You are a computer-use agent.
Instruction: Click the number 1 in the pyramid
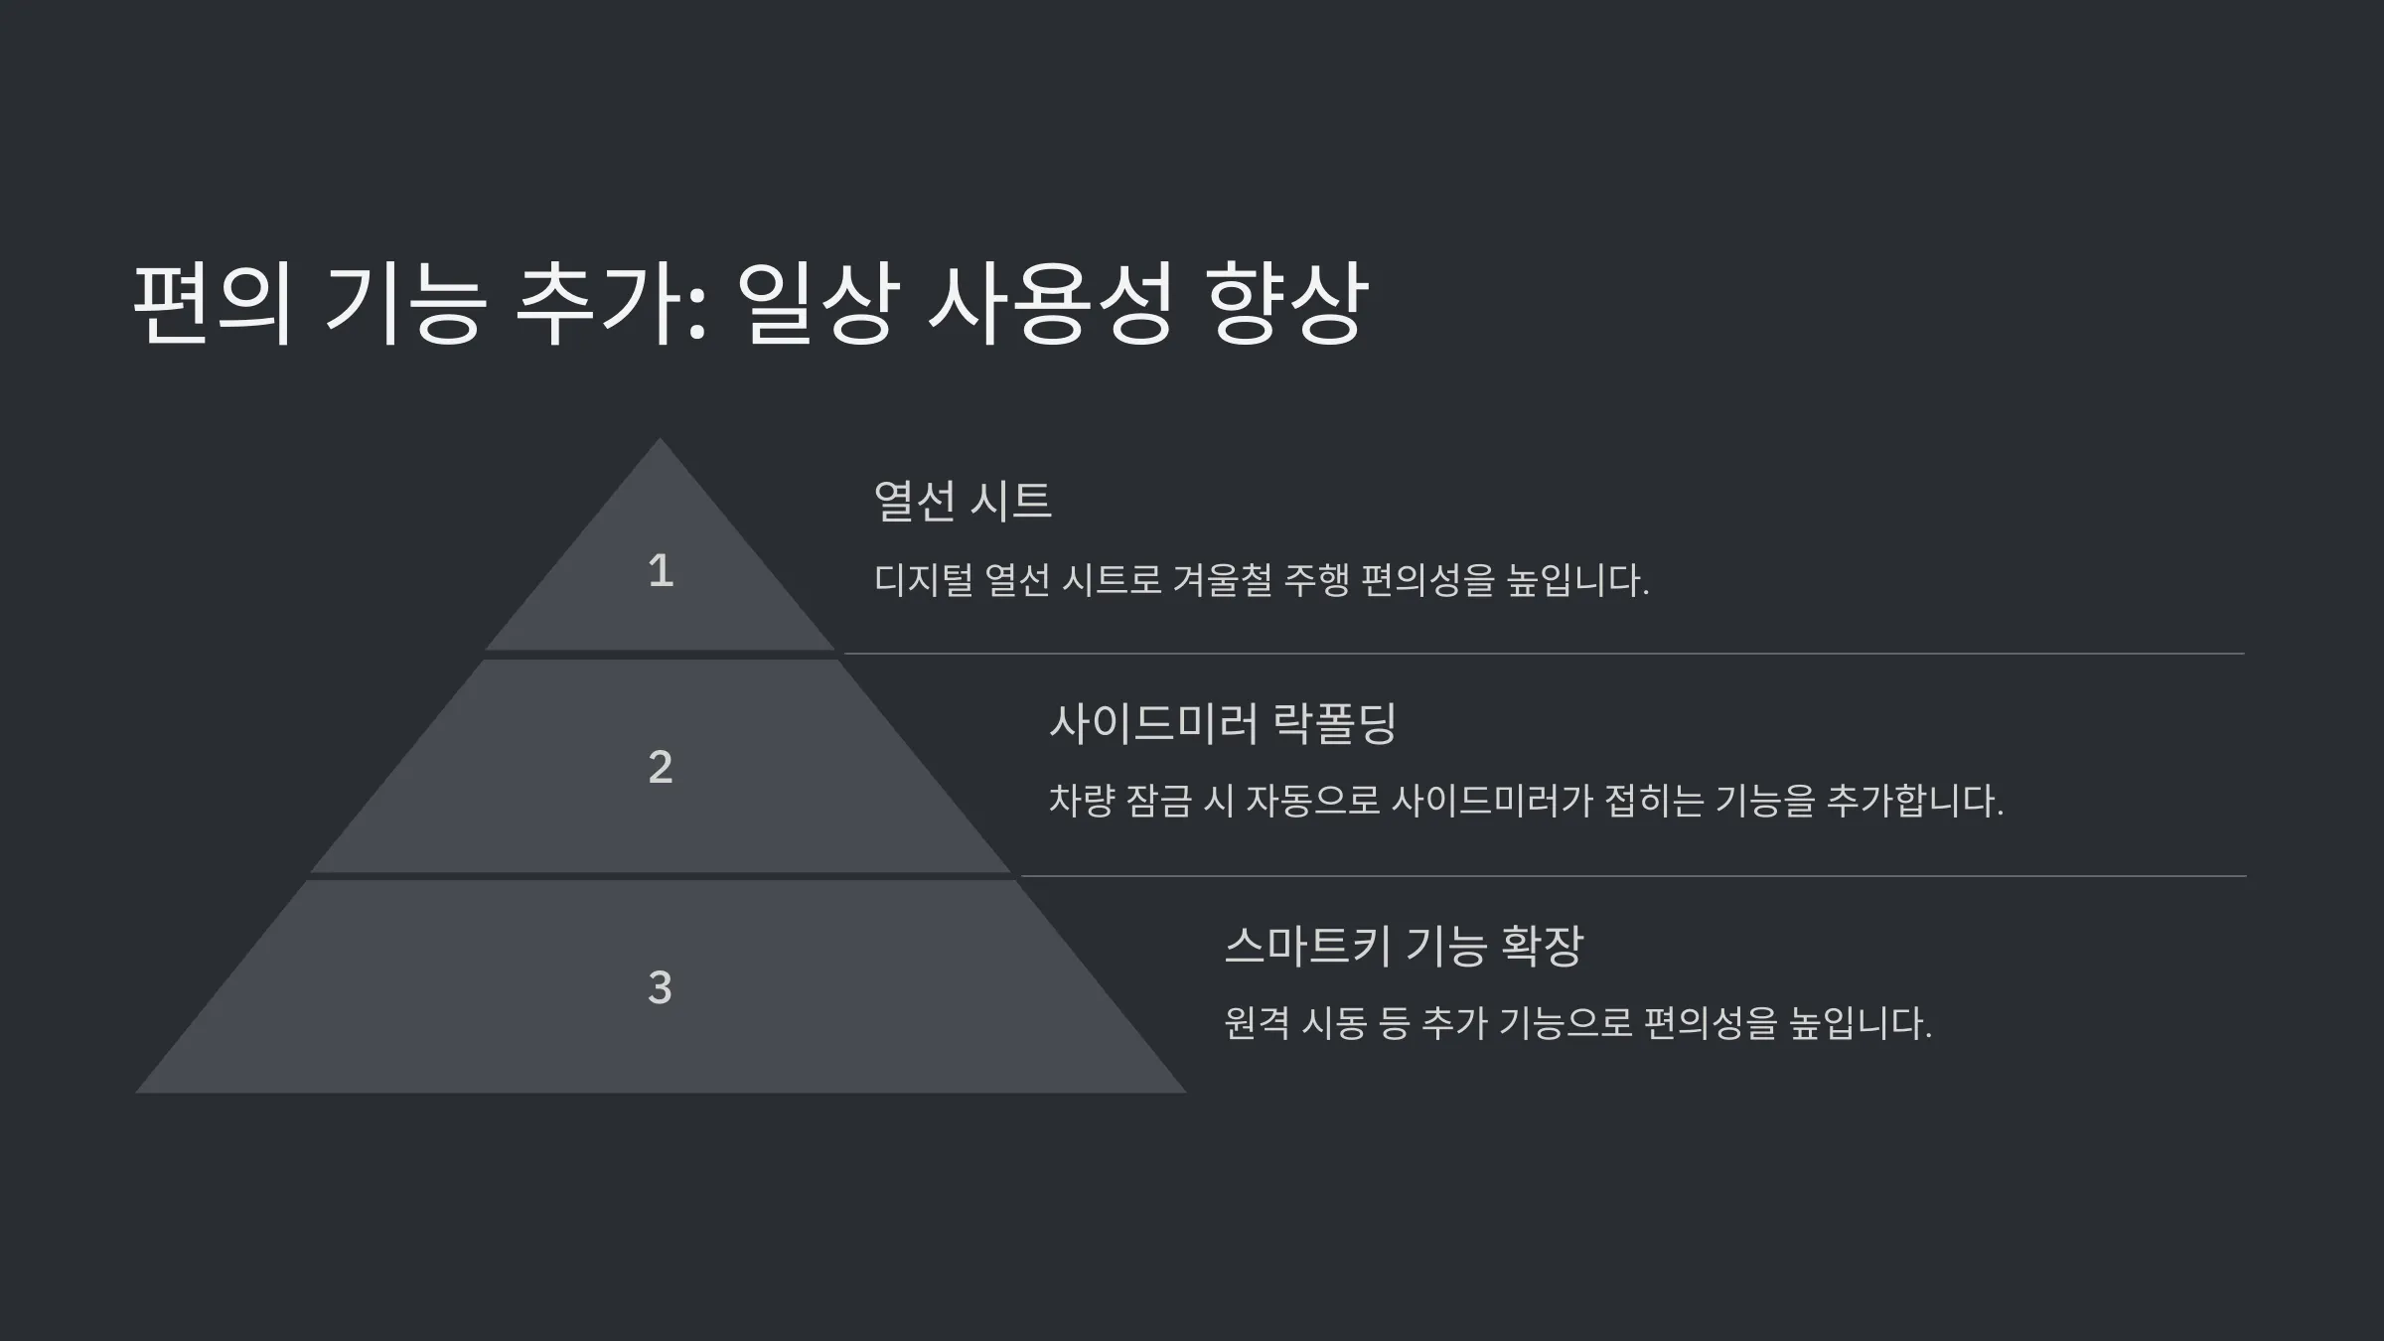click(661, 570)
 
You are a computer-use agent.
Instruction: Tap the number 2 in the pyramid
click(661, 767)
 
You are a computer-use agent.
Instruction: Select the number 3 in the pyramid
click(661, 987)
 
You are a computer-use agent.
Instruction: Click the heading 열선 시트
click(963, 500)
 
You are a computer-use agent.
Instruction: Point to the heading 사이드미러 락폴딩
click(1224, 722)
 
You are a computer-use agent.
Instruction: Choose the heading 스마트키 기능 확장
click(1404, 945)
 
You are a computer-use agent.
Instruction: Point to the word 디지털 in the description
click(924, 580)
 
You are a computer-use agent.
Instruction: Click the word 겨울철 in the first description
click(1223, 580)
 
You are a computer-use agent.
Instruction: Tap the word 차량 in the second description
click(1082, 801)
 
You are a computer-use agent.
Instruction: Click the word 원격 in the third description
click(1257, 1023)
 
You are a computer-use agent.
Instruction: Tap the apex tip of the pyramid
click(660, 439)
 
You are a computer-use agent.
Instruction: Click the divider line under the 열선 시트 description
click(1544, 654)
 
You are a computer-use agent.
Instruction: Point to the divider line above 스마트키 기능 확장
click(1633, 876)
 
